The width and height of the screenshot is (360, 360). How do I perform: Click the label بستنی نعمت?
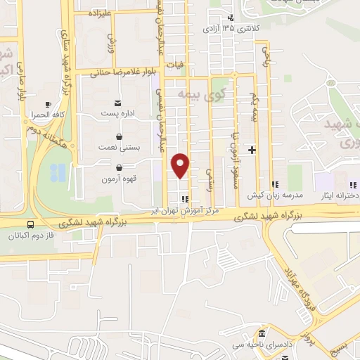117,148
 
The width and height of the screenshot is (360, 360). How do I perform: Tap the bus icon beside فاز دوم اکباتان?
29,226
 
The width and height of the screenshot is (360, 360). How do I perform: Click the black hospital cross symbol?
252,150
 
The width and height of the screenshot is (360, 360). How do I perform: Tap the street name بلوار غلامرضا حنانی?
116,72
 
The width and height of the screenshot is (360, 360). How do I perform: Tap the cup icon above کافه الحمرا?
48,103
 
